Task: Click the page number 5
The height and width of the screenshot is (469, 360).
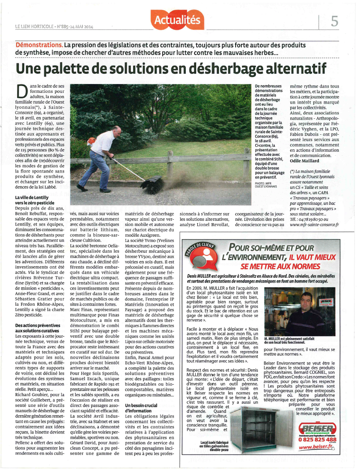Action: click(334, 21)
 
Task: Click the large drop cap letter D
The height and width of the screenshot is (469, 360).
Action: click(22, 91)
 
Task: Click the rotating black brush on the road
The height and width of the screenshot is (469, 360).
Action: click(151, 184)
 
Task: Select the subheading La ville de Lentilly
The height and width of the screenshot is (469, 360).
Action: click(31, 200)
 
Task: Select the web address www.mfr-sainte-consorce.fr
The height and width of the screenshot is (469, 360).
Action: click(314, 224)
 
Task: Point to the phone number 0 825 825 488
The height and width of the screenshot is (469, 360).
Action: click(317, 439)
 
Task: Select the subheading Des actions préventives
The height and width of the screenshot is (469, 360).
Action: click(35, 328)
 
